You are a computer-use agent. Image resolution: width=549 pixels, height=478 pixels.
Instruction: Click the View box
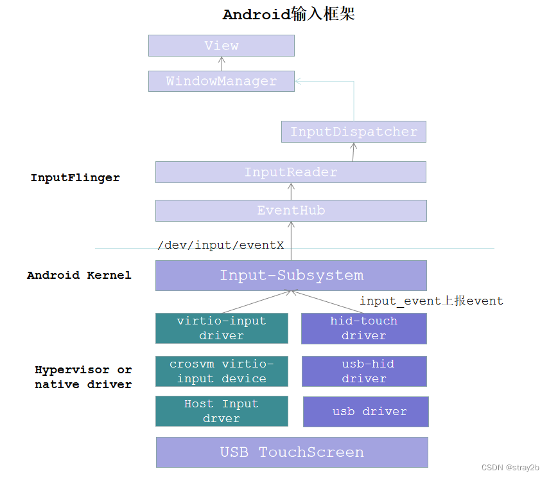click(x=222, y=46)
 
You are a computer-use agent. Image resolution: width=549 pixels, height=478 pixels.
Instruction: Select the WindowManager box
click(x=222, y=82)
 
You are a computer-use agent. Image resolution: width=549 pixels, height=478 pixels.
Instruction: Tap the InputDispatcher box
click(x=354, y=132)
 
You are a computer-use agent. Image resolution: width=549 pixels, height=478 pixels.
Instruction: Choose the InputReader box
click(x=291, y=172)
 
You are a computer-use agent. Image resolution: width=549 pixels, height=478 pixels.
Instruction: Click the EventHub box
click(x=291, y=211)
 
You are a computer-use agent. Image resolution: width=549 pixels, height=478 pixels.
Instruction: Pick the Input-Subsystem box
click(x=291, y=276)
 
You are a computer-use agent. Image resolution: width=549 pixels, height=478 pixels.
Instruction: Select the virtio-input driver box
click(x=222, y=328)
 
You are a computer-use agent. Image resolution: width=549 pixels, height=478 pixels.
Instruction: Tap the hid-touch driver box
click(x=364, y=328)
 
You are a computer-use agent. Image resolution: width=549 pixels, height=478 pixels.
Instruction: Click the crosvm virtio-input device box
click(x=222, y=371)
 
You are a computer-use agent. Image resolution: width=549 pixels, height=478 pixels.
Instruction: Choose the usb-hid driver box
click(x=364, y=371)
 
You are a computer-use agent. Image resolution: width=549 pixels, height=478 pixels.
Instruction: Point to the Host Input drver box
click(x=222, y=411)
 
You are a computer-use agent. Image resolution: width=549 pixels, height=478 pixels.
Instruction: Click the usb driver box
click(x=365, y=412)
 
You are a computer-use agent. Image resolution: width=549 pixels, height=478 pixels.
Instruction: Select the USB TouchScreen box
click(x=292, y=452)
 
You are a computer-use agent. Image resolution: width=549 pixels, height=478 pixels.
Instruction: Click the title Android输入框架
click(x=289, y=15)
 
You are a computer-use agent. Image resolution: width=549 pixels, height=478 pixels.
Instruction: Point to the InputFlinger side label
click(x=75, y=178)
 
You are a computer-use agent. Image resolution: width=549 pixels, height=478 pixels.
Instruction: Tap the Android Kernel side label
click(x=79, y=276)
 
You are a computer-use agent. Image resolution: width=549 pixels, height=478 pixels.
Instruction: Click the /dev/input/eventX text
click(x=221, y=245)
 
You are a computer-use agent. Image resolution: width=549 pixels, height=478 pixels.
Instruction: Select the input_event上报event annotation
click(x=431, y=301)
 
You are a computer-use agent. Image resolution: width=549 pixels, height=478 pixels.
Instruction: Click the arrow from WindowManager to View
click(x=222, y=64)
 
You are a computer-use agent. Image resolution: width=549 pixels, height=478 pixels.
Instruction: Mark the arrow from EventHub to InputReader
click(x=291, y=191)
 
